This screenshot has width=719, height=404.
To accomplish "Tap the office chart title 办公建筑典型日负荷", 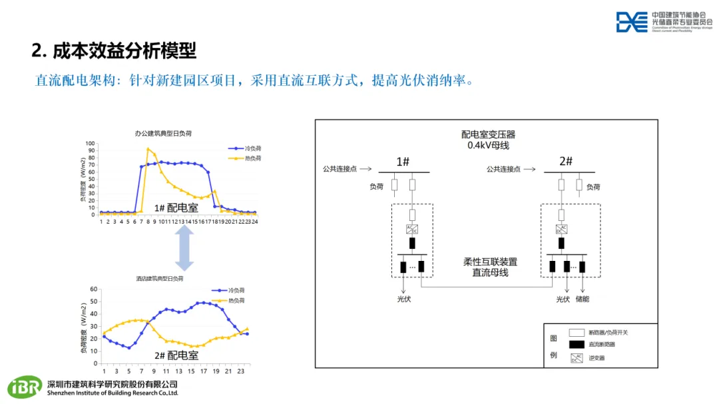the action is [164, 134].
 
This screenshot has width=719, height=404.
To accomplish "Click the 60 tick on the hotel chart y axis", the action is [94, 290].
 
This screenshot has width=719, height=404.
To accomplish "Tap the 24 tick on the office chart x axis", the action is [254, 221].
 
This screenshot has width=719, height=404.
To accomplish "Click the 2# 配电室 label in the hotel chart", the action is [176, 355].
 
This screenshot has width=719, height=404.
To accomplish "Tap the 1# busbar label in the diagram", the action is [403, 162].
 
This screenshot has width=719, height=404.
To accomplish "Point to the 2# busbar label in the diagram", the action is [566, 162].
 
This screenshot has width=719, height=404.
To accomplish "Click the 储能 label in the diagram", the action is [583, 300].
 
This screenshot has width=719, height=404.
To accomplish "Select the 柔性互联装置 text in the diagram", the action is [490, 262].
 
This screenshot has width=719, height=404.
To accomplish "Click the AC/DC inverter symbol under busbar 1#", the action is [412, 230].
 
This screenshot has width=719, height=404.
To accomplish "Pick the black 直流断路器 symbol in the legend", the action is [576, 344].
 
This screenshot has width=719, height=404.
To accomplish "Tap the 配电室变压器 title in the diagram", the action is [488, 134].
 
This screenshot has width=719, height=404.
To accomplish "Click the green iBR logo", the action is [25, 387].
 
